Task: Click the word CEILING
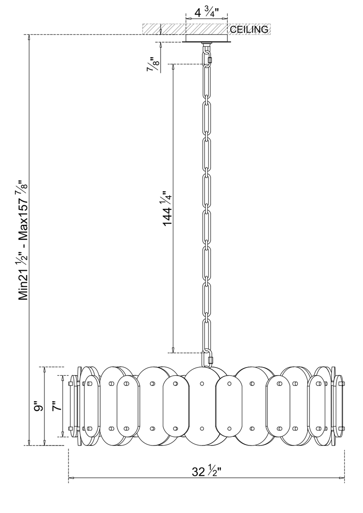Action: pyautogui.click(x=249, y=29)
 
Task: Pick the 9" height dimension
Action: pyautogui.click(x=39, y=407)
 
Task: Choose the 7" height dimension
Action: pyautogui.click(x=57, y=407)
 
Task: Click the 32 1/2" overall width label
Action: pyautogui.click(x=206, y=471)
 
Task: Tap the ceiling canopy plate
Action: pyautogui.click(x=206, y=38)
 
